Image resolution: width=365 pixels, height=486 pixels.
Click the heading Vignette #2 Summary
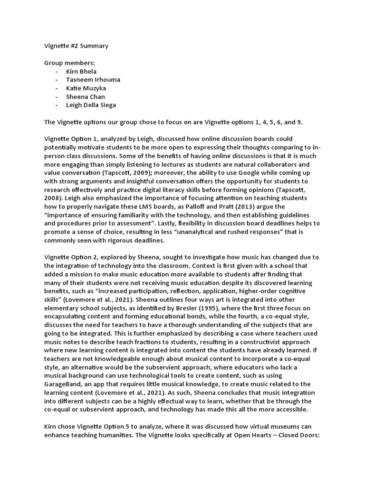(77, 46)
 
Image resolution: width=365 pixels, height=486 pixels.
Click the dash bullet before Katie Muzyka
(57, 88)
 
